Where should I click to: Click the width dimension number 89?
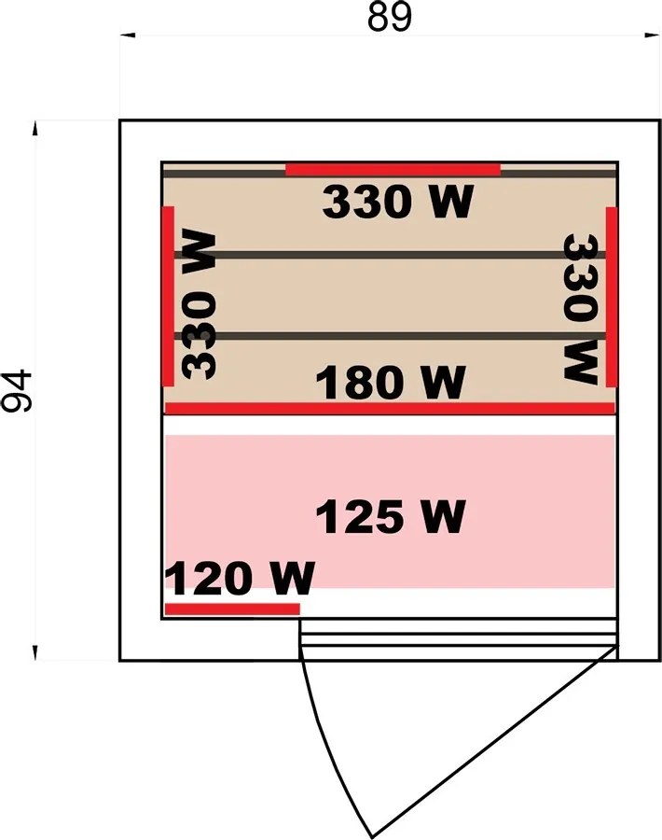click(390, 17)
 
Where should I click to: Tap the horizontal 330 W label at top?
click(397, 202)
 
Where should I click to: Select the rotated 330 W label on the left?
click(199, 304)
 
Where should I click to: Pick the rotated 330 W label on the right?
click(581, 309)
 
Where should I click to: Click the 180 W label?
click(391, 383)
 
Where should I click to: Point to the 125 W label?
click(391, 516)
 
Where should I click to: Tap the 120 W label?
click(240, 579)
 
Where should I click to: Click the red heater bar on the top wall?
click(393, 170)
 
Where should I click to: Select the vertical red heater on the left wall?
click(168, 296)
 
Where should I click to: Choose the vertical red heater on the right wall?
click(611, 296)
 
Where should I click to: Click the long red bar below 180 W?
click(390, 408)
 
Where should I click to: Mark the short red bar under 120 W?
click(232, 609)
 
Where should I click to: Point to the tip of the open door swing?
click(372, 837)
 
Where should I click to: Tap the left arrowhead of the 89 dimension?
click(128, 35)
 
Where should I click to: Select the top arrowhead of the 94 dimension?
click(35, 129)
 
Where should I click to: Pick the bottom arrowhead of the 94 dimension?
click(35, 652)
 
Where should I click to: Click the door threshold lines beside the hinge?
click(459, 633)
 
